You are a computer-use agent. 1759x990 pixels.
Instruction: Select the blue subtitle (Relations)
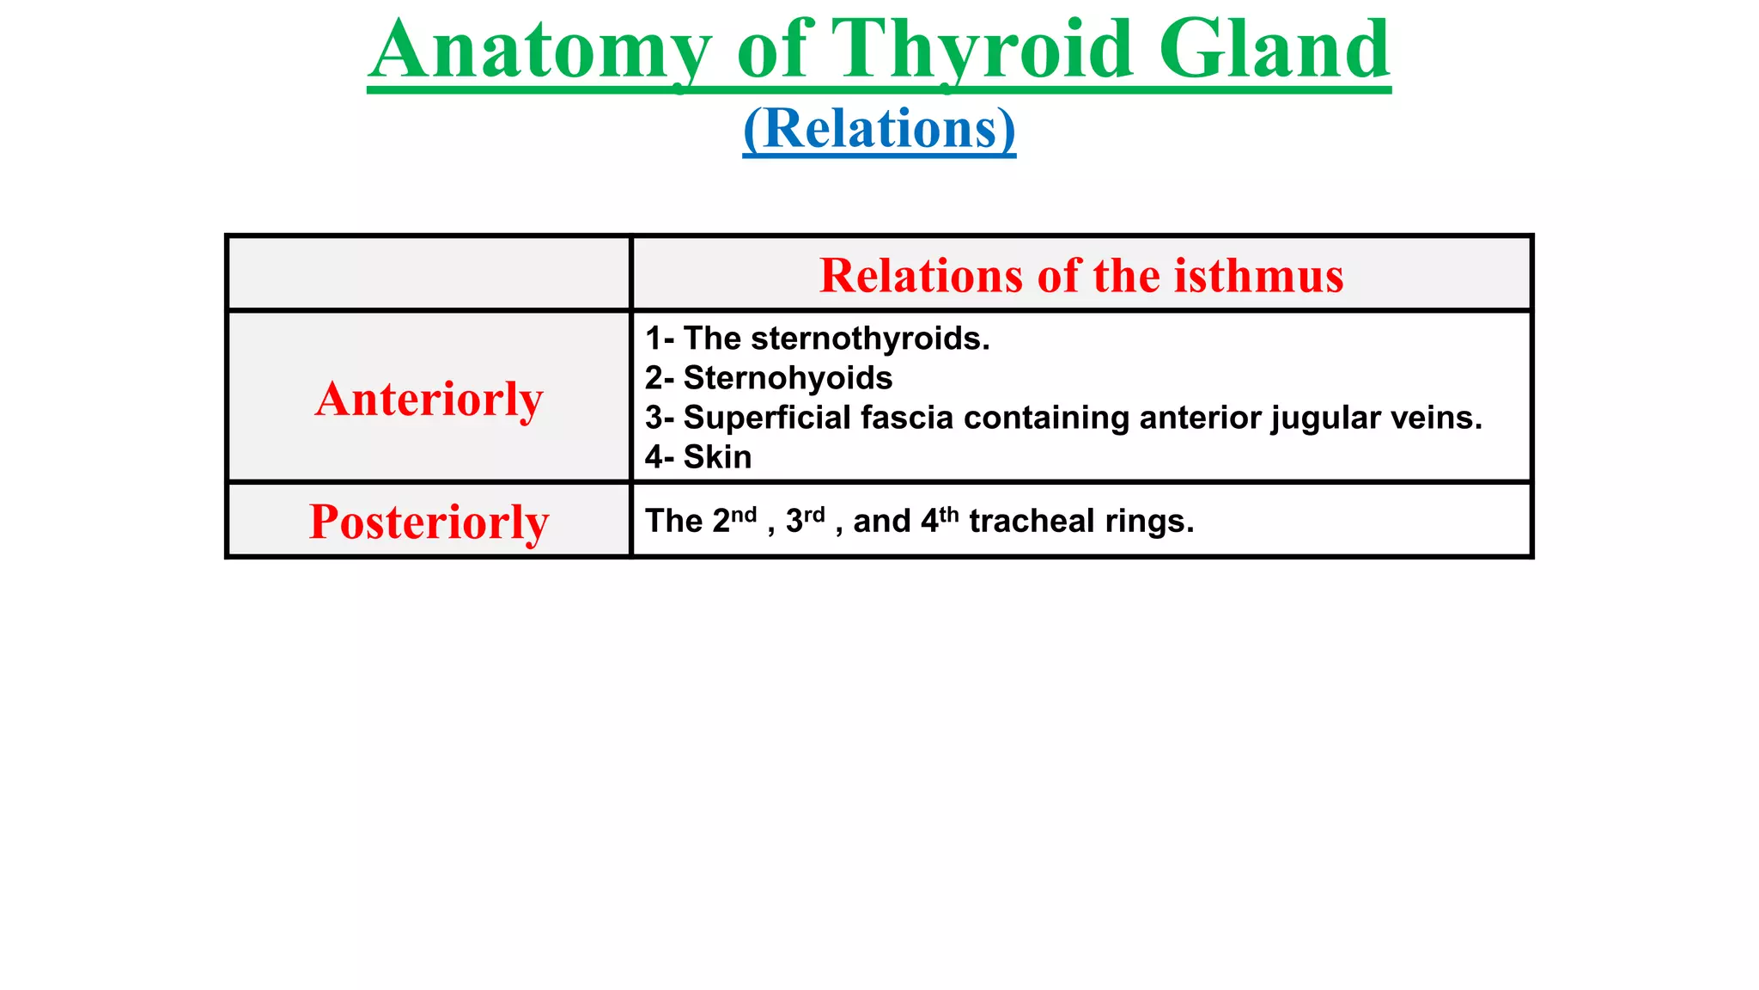point(879,129)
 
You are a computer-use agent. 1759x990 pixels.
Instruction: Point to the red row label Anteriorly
point(429,399)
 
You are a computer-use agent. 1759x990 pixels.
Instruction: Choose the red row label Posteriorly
point(429,522)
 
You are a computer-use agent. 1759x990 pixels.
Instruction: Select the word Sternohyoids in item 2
point(788,378)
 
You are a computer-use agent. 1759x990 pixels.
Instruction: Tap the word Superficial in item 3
point(766,418)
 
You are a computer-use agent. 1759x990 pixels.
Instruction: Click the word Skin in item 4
point(717,457)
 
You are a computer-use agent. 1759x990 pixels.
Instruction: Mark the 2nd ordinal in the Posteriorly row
point(734,520)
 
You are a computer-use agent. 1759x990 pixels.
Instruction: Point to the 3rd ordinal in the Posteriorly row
point(806,520)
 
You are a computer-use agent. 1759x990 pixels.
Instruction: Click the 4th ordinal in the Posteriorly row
point(940,520)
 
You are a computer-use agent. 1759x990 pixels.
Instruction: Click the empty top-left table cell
point(429,273)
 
